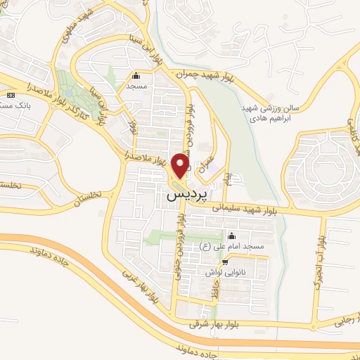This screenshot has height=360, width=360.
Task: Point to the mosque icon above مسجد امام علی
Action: tap(231, 236)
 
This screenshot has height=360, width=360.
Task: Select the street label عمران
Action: tap(205, 166)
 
